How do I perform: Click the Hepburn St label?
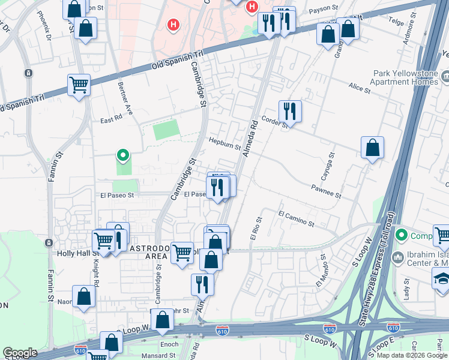click(x=224, y=143)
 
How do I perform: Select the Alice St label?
click(x=360, y=88)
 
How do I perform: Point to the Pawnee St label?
click(x=326, y=192)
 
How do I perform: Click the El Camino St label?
click(x=296, y=218)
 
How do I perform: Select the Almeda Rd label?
click(x=250, y=139)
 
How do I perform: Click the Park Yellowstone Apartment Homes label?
click(x=403, y=77)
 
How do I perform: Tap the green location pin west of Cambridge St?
click(x=123, y=156)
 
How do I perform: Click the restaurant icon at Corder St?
click(x=290, y=112)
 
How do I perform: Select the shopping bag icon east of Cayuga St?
click(x=372, y=149)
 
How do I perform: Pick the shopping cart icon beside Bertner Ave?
click(x=79, y=85)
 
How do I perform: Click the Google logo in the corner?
click(x=20, y=353)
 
